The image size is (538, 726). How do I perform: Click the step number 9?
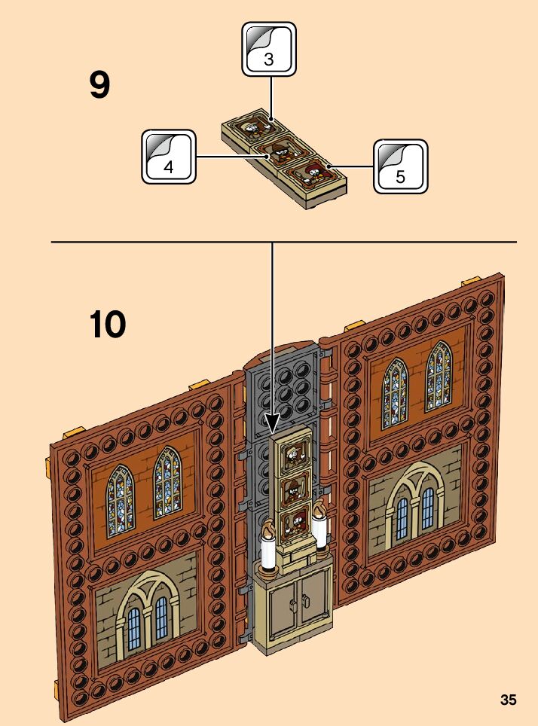pos(99,86)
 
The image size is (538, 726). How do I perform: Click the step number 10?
pos(108,325)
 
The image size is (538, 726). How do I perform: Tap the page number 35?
pos(508,700)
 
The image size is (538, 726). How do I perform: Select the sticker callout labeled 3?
pos(269,50)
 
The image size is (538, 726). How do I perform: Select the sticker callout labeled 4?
pos(168,157)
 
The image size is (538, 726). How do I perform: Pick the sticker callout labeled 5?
pos(401,166)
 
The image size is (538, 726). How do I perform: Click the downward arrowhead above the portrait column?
pos(272,423)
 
